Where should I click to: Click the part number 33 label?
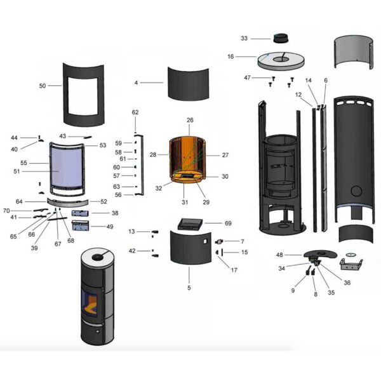coord(244,39)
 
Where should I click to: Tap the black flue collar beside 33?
coord(280,37)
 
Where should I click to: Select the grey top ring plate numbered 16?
coord(283,61)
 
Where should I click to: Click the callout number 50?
coord(43,85)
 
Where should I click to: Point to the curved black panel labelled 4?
coord(189,83)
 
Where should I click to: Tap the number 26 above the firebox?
coord(189,120)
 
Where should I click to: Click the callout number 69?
coord(228,224)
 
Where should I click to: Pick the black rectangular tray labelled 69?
coord(190,224)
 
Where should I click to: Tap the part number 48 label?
coord(279,255)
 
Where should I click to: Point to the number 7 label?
coord(242,241)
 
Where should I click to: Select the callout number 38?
coord(114,213)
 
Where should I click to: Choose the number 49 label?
coord(110,226)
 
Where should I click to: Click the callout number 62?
coord(135,112)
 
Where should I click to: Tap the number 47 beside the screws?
coord(247,77)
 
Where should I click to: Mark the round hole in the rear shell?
coord(356,190)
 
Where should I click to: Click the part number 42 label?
coord(132,251)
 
